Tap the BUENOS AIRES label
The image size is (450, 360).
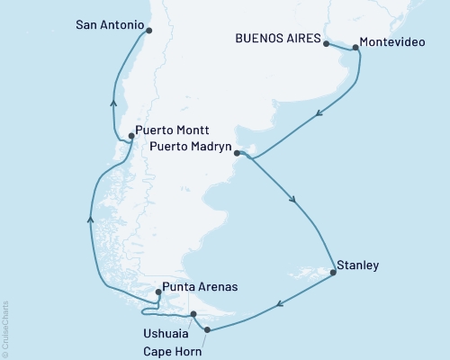pos(277,38)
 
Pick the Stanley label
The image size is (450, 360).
pos(356,265)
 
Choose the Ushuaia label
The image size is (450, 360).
pos(166,333)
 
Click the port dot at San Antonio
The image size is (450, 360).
pos(148,30)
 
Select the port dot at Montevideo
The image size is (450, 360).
pos(355,47)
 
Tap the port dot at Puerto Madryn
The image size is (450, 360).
pos(237,153)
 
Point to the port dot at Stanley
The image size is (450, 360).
pos(334,271)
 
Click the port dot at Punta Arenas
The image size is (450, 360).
pos(159,292)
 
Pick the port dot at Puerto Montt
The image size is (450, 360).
pos(132,136)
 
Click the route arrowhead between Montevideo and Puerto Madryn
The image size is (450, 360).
pos(319,114)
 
